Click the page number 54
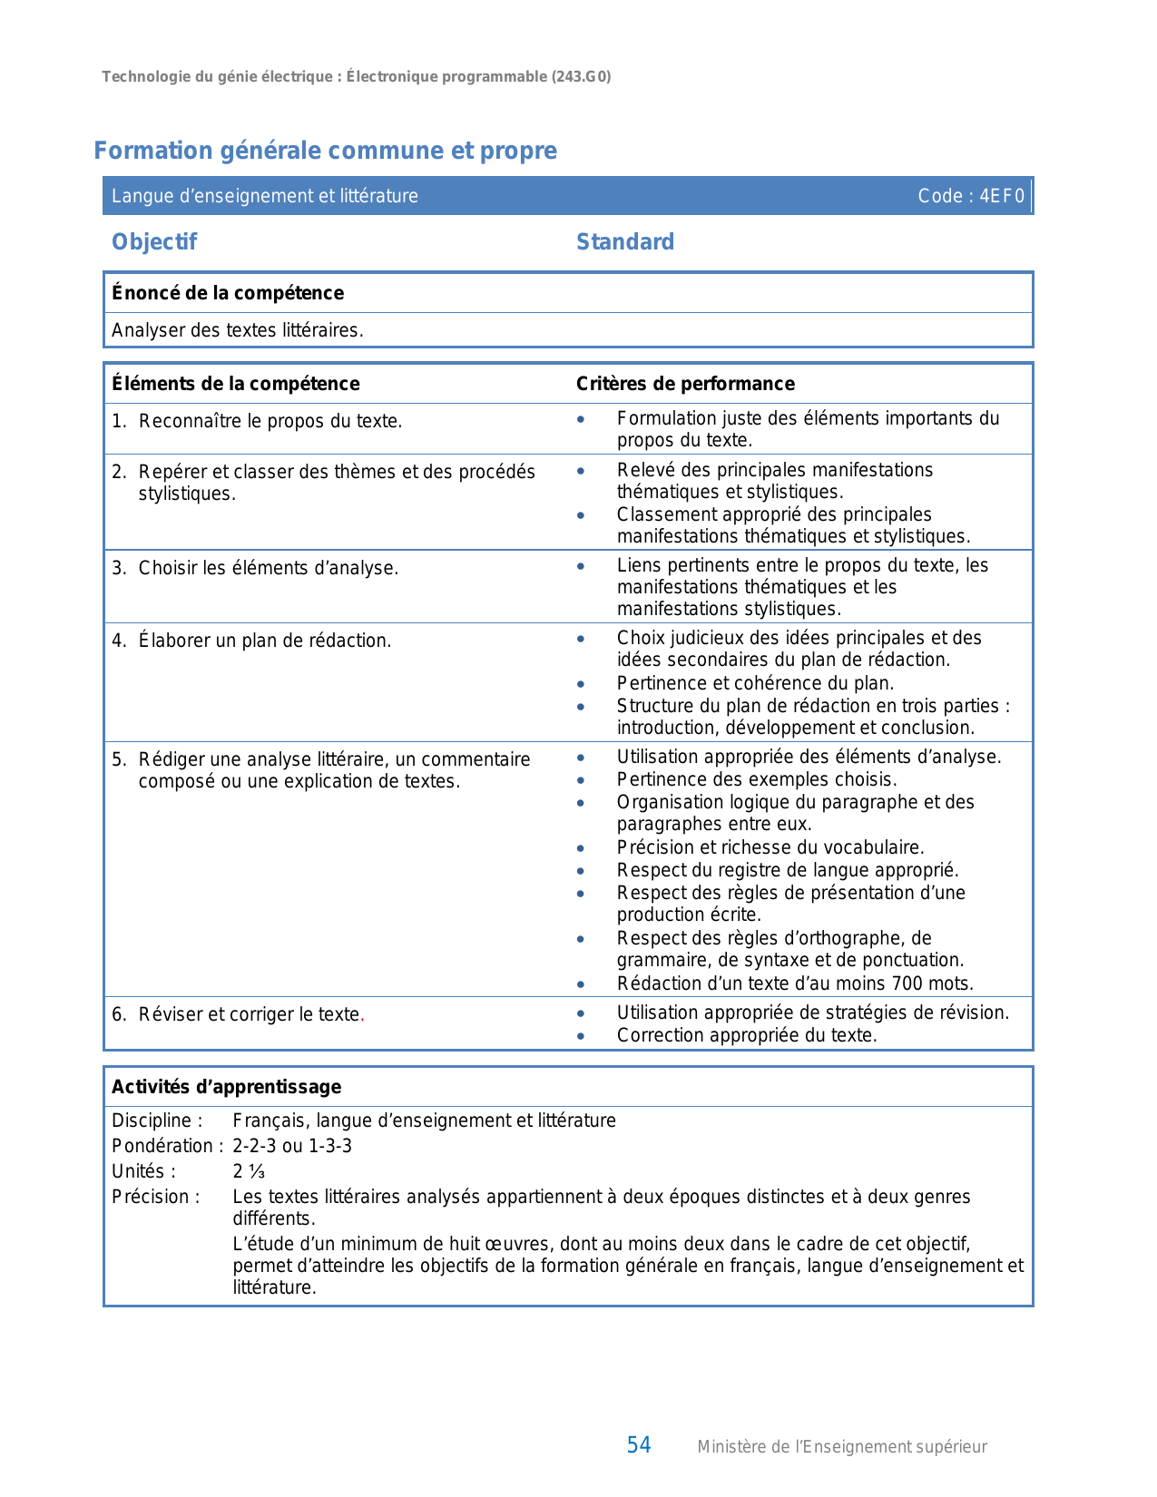point(639,1445)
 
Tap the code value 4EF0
point(1002,196)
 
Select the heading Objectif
point(154,242)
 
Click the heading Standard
point(625,242)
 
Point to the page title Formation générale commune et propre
point(325,151)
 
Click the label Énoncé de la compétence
point(228,293)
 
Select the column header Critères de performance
point(685,384)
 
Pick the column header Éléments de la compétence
point(236,384)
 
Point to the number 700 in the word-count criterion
point(907,983)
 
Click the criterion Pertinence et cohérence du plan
point(755,683)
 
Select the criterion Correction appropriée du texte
point(747,1035)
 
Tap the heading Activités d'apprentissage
point(227,1087)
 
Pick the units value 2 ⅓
point(249,1171)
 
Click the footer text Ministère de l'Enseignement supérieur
point(841,1447)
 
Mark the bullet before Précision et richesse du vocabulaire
point(581,848)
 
